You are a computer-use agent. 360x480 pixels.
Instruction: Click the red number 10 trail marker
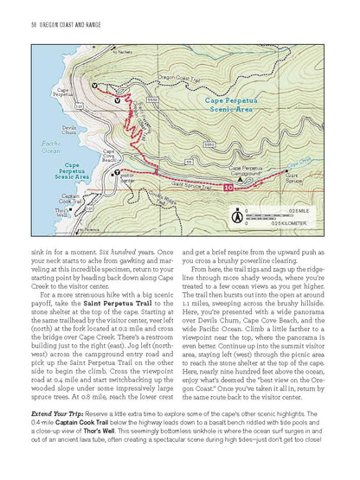228,187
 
